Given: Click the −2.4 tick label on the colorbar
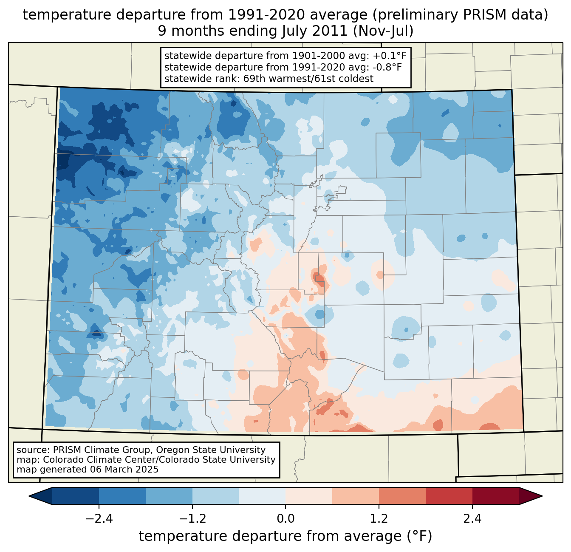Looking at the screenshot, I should click(99, 519).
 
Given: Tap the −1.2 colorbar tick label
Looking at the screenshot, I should click(192, 519).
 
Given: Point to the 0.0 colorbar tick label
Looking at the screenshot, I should click(285, 519).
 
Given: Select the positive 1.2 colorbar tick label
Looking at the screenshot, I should click(379, 519).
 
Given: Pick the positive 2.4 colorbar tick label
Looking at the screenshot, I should click(472, 519).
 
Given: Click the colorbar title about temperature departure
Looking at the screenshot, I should click(285, 536).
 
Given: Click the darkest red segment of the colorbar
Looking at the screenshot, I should click(495, 496).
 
